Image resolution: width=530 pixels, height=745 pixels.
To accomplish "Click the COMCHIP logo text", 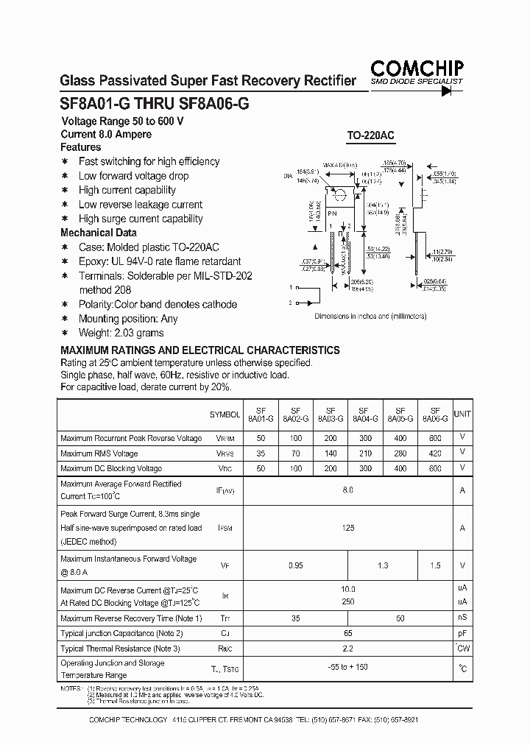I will point(417,68).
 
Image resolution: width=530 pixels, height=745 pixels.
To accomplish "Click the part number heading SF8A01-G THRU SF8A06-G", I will point(154,105).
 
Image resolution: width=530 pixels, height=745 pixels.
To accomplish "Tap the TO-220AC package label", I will point(370,135).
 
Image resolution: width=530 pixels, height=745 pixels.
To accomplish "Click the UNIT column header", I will point(462,414).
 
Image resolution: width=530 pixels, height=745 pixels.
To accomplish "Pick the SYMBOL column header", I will point(225,415).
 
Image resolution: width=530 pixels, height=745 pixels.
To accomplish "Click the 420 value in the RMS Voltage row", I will point(435,453).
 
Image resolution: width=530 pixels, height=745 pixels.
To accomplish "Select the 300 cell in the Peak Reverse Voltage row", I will point(365,438).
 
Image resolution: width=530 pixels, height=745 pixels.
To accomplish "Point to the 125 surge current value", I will point(348,528).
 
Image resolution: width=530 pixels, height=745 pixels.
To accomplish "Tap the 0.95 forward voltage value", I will point(295,565).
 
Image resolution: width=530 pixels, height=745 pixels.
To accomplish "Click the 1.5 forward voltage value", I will point(435,565).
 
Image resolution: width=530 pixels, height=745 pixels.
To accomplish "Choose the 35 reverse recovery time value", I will point(295,618).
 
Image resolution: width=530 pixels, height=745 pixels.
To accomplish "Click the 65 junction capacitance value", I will point(348,633).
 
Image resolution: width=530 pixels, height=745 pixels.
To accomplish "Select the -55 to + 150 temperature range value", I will point(348,668).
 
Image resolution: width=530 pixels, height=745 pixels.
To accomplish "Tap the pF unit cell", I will point(462,633).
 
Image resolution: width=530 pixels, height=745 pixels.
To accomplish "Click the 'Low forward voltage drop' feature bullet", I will point(133,176).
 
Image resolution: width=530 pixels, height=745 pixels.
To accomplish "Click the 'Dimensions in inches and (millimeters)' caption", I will point(370,316).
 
